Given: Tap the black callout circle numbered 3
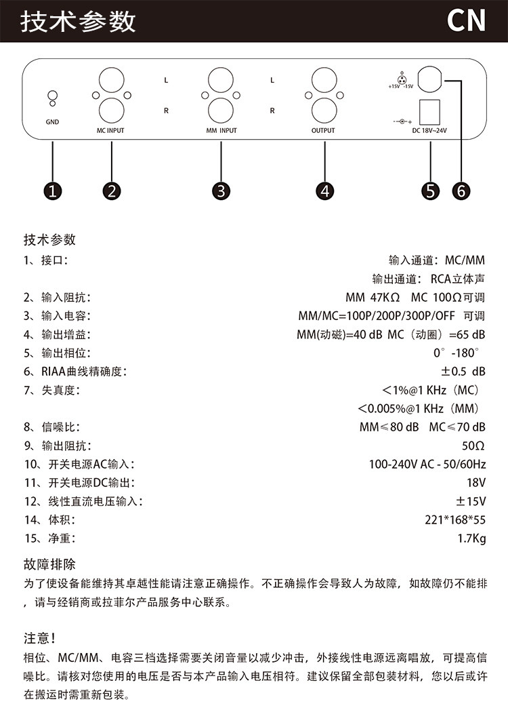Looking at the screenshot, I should coord(221,191).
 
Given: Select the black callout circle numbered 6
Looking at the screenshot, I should coord(461,191).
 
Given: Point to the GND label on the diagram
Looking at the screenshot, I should coord(53,123).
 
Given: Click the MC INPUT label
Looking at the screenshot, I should coord(110,130).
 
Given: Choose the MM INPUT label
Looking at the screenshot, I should coord(221,130).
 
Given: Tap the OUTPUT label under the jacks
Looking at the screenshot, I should coord(323,130).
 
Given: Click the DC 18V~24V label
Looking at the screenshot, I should coord(430,130).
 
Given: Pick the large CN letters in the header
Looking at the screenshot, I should coord(467,21).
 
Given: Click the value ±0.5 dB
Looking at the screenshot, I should coord(463,372).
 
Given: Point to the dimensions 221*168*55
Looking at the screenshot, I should coord(455,520).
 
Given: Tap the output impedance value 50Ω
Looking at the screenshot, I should coord(473,446).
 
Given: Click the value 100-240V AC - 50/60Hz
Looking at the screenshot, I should coord(427,465).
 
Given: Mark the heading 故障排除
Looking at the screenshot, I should coord(50,564).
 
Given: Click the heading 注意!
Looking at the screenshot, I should coord(39,638).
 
